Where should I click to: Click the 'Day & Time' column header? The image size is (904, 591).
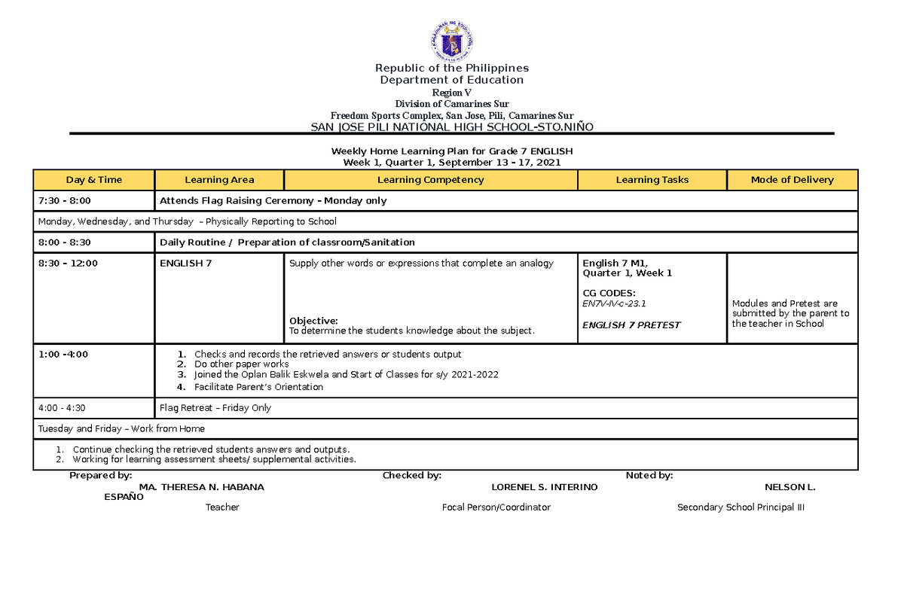pyautogui.click(x=93, y=180)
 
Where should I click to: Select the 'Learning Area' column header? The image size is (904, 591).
pyautogui.click(x=219, y=180)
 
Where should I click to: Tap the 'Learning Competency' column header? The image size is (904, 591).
pyautogui.click(x=430, y=180)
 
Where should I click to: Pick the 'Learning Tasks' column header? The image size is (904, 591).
pyautogui.click(x=652, y=180)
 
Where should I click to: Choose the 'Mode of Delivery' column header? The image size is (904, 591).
pyautogui.click(x=792, y=180)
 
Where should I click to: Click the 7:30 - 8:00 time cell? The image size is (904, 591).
pyautogui.click(x=64, y=201)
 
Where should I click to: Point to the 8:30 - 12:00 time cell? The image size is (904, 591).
pyautogui.click(x=68, y=264)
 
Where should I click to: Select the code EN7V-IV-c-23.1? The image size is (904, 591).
pyautogui.click(x=615, y=304)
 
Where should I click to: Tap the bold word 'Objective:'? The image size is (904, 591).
pyautogui.click(x=313, y=321)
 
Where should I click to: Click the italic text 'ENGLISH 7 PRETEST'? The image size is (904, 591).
pyautogui.click(x=631, y=325)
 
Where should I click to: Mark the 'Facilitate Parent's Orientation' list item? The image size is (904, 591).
pyautogui.click(x=258, y=387)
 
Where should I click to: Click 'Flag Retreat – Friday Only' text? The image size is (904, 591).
pyautogui.click(x=215, y=408)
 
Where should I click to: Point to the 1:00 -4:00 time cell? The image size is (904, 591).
pyautogui.click(x=63, y=354)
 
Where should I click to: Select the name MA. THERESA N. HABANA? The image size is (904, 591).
pyautogui.click(x=197, y=487)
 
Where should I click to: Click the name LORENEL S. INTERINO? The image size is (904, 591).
pyautogui.click(x=544, y=487)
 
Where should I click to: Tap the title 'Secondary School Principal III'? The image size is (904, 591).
pyautogui.click(x=741, y=507)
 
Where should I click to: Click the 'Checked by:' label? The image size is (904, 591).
pyautogui.click(x=411, y=475)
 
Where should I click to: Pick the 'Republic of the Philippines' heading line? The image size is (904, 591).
pyautogui.click(x=452, y=68)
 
